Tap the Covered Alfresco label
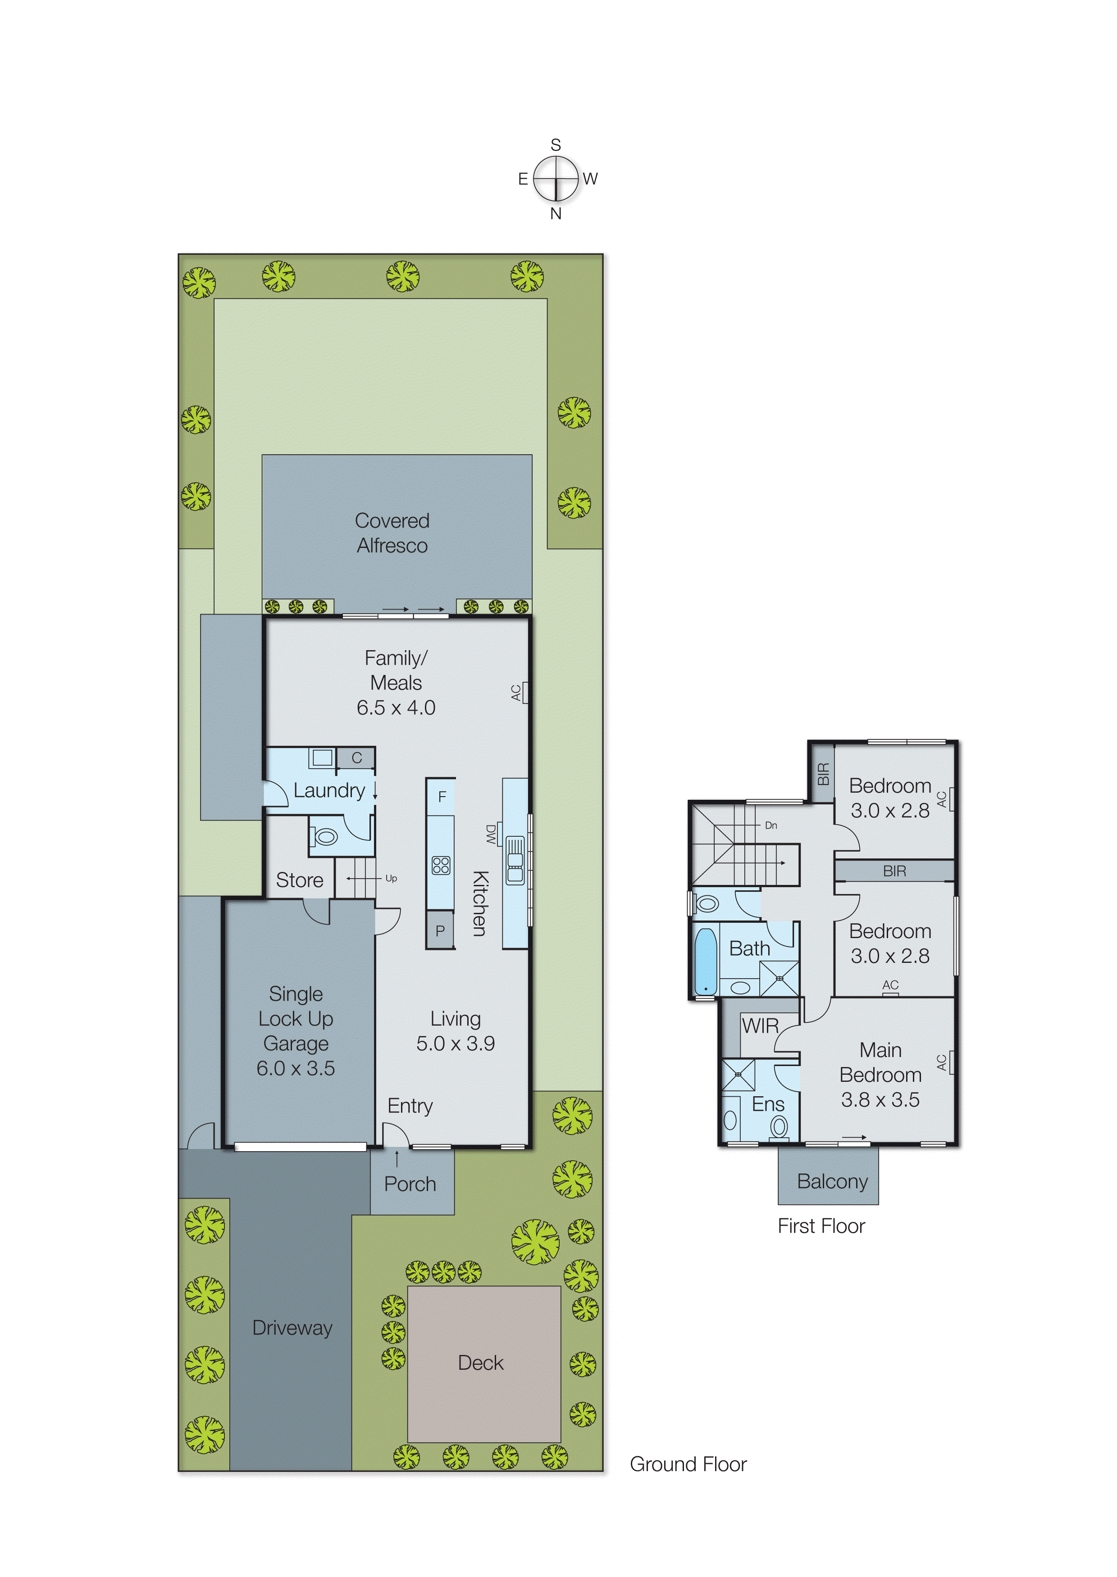tap(392, 533)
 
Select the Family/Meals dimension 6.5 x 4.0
tap(396, 708)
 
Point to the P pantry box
tap(440, 930)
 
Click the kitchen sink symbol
tap(515, 860)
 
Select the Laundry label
tap(329, 790)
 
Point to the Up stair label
tap(391, 878)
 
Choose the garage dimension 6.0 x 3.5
tap(296, 1068)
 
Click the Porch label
tap(410, 1184)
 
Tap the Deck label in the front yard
tap(481, 1363)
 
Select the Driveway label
tap(292, 1327)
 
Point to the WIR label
tap(760, 1026)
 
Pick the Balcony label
tap(832, 1181)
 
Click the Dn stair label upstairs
tap(771, 825)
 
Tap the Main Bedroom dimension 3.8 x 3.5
tap(880, 1100)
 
